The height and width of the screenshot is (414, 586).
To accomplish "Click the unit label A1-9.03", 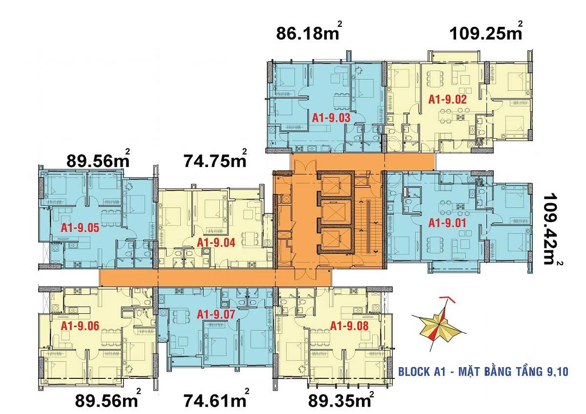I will point(332,118).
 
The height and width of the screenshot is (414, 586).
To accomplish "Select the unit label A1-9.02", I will point(447,100).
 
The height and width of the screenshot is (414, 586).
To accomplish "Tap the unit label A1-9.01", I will point(447,223).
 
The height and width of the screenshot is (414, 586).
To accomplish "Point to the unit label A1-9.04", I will point(216,242).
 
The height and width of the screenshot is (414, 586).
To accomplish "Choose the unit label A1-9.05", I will point(80,228).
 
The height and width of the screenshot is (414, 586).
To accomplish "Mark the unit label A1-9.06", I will point(80,326).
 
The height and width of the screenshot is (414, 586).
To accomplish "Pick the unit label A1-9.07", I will point(216,315).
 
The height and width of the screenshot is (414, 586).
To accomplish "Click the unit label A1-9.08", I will point(350,326).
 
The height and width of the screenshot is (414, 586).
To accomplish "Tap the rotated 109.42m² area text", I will point(553,228).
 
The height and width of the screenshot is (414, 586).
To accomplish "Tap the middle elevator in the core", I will point(335,211).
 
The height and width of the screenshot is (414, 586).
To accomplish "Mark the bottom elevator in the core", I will point(335,239).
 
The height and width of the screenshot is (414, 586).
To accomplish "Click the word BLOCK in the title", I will point(414,372).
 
